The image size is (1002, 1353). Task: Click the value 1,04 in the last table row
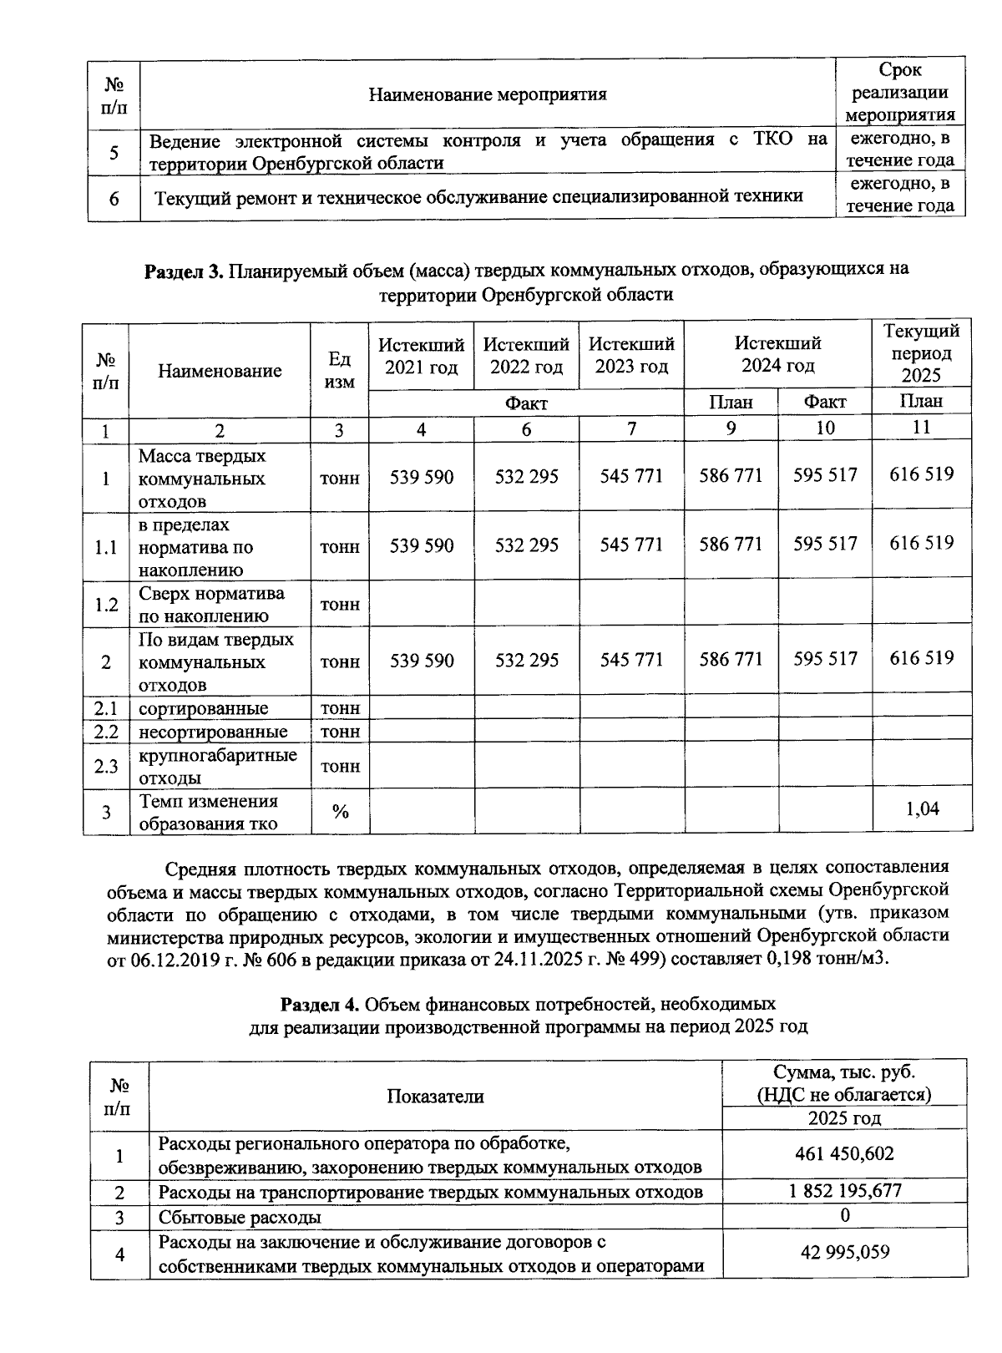tap(922, 808)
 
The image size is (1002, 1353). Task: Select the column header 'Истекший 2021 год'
tap(421, 355)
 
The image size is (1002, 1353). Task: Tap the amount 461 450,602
tap(844, 1153)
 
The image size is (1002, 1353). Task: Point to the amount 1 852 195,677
tap(844, 1190)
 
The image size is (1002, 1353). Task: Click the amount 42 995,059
tap(844, 1252)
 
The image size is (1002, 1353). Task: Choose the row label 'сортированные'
tap(203, 708)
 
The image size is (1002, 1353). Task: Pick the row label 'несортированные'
tap(213, 732)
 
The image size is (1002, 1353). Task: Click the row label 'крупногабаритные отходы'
tap(217, 766)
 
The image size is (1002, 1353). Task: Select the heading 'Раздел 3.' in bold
tap(184, 270)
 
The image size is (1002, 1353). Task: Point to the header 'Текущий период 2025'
tap(921, 353)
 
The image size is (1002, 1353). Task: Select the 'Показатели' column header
tap(435, 1096)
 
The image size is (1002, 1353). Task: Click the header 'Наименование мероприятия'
tap(488, 94)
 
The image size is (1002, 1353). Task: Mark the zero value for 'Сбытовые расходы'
tap(845, 1215)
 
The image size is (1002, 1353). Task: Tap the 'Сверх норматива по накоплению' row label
tap(211, 605)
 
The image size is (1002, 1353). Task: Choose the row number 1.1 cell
tap(106, 547)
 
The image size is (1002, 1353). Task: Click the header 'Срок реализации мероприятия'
tap(900, 92)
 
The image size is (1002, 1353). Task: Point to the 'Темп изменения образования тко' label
tap(209, 812)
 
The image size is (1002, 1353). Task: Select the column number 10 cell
tap(824, 428)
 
